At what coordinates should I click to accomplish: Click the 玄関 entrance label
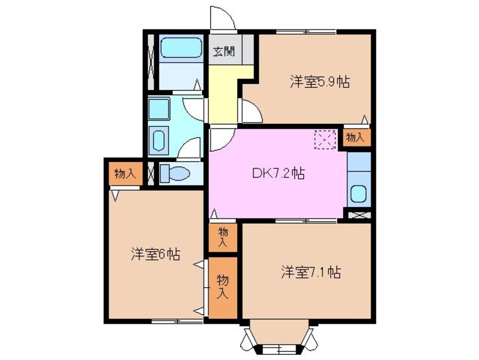(x=225, y=52)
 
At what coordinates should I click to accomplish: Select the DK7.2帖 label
(x=278, y=174)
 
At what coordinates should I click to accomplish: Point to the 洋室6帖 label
(x=156, y=255)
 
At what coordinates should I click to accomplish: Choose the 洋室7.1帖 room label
(x=310, y=272)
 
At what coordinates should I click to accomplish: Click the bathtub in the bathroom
(x=181, y=49)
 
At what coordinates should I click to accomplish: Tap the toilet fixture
(x=173, y=174)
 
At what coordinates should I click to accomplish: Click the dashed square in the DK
(x=326, y=140)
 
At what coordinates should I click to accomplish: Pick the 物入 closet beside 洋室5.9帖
(x=356, y=138)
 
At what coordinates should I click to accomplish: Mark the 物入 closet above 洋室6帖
(x=125, y=174)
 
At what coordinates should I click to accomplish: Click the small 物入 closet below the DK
(x=223, y=237)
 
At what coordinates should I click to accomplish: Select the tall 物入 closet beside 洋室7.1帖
(x=223, y=287)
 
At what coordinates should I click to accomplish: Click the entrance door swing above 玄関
(x=223, y=18)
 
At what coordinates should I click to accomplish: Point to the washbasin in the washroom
(x=159, y=139)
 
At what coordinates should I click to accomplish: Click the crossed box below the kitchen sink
(x=358, y=215)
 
